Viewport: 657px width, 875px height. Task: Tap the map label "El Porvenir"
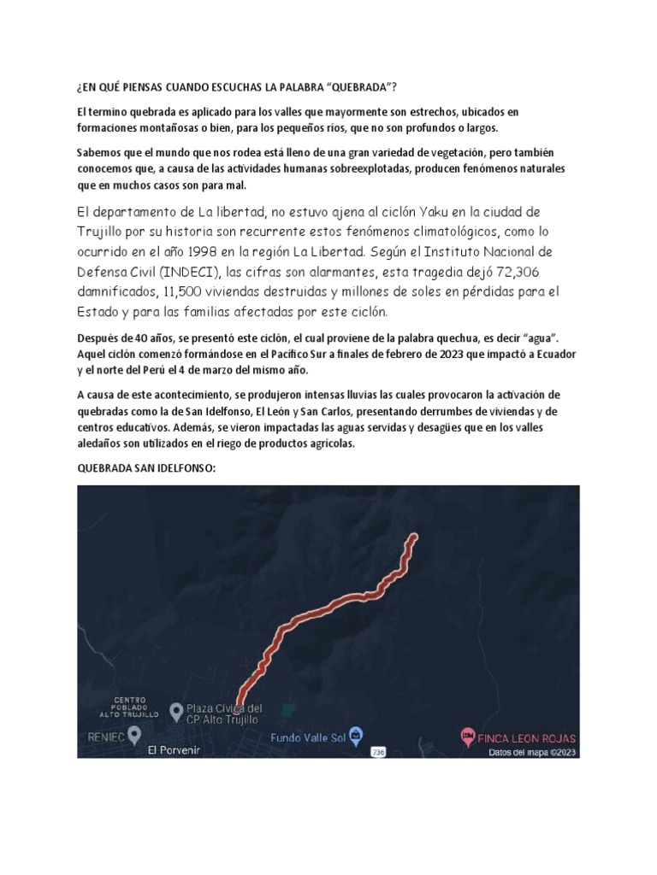click(173, 749)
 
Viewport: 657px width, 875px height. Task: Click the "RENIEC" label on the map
click(105, 736)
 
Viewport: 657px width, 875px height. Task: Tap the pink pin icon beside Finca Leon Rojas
click(467, 736)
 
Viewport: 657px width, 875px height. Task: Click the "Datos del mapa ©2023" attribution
click(530, 753)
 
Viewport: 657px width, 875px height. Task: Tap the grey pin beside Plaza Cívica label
click(176, 710)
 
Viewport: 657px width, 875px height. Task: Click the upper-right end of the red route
click(415, 537)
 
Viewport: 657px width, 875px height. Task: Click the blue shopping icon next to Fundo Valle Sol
click(356, 735)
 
